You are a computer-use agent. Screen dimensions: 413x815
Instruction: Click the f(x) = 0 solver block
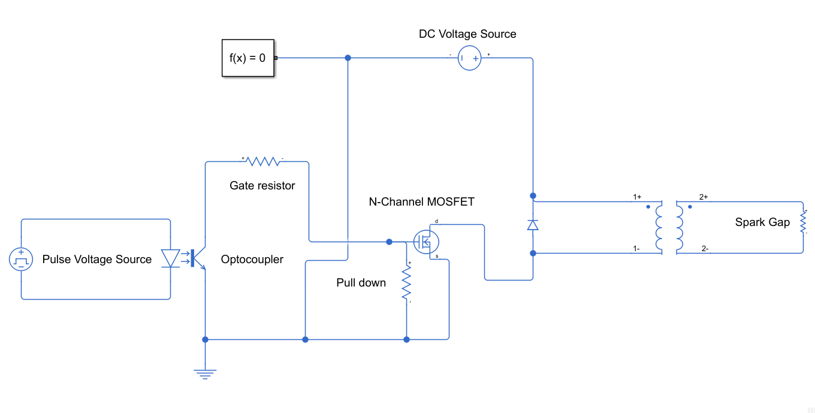click(x=247, y=58)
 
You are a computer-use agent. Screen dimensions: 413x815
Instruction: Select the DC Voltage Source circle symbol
click(x=469, y=59)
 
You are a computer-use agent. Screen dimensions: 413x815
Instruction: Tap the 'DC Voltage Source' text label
click(x=467, y=34)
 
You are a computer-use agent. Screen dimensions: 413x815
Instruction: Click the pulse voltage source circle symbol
click(x=21, y=260)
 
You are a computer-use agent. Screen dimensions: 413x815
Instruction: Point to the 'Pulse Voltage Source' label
click(x=97, y=260)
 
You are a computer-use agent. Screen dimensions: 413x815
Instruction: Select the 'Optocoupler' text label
click(x=252, y=260)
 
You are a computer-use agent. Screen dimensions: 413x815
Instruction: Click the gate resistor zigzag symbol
click(x=263, y=161)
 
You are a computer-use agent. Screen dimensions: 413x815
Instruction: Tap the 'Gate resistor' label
click(x=262, y=186)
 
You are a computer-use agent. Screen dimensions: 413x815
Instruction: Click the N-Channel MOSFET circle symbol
click(x=426, y=242)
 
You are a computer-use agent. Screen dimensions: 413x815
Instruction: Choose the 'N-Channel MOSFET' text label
click(x=421, y=202)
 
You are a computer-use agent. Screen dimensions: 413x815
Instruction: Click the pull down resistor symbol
click(x=406, y=282)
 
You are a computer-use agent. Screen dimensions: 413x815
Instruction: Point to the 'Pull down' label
click(x=361, y=283)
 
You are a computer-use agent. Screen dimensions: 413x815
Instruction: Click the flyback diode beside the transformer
click(x=532, y=225)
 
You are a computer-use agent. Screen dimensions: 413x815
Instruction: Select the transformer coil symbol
click(x=669, y=227)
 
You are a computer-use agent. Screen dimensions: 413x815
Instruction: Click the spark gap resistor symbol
click(x=803, y=222)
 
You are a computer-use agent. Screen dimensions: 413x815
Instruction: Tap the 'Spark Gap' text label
click(x=762, y=222)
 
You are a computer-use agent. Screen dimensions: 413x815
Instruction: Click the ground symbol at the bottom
click(x=205, y=373)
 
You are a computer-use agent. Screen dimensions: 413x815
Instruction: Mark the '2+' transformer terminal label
click(x=704, y=197)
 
